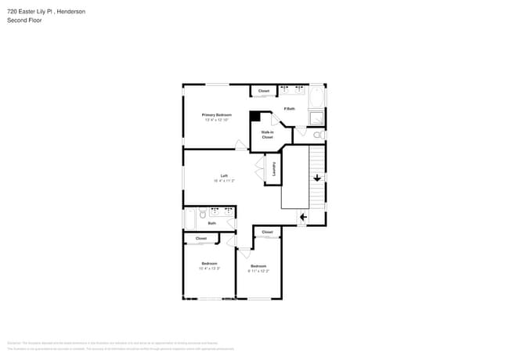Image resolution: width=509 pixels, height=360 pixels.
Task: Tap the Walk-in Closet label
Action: point(267,135)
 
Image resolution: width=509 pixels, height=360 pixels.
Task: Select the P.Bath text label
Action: point(289,109)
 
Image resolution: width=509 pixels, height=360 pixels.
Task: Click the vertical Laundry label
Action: point(273,168)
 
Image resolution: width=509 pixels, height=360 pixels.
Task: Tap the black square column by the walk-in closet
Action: point(254,116)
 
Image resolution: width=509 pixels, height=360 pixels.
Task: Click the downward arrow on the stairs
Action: point(317,178)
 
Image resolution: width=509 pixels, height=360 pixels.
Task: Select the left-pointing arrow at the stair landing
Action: point(303,217)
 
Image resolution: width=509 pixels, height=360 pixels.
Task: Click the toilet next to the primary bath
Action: point(318,135)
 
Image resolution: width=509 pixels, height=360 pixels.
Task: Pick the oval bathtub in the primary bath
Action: point(316,98)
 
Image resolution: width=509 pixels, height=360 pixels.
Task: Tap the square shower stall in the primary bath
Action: point(316,118)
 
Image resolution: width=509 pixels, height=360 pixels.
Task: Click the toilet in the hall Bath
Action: point(202,213)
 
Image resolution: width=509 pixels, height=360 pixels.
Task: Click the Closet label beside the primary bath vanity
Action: point(264,91)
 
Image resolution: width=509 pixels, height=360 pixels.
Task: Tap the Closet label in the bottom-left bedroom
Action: point(201,238)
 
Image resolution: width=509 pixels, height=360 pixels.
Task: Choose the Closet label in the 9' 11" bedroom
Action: point(267,232)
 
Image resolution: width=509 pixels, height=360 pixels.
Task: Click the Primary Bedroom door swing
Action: point(240,144)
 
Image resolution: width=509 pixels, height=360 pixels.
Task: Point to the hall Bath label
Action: point(211,224)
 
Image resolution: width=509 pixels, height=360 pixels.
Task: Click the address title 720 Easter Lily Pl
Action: point(46,12)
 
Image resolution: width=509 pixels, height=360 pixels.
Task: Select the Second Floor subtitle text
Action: point(24,20)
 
